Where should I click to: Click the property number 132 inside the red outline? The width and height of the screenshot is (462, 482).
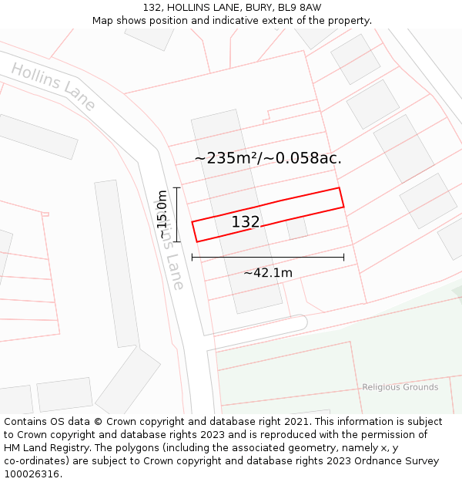(246, 222)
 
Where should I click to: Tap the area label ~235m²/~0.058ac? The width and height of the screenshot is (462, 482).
(268, 158)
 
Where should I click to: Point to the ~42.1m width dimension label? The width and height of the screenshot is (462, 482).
(268, 273)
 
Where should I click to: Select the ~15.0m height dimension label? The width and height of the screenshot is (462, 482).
(162, 215)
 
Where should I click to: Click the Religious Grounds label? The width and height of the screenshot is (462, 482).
(400, 387)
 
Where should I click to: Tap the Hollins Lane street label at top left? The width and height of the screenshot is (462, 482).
(53, 86)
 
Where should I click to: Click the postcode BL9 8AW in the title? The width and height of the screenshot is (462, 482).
(300, 8)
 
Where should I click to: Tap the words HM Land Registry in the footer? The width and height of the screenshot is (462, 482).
(41, 448)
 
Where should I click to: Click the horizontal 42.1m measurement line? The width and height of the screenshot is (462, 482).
(268, 258)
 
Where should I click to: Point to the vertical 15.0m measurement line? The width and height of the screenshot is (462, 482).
(177, 214)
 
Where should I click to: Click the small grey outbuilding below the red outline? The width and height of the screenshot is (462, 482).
(296, 228)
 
